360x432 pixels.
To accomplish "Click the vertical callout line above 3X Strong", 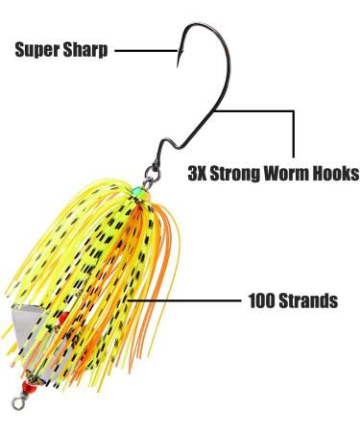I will click(291, 134).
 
